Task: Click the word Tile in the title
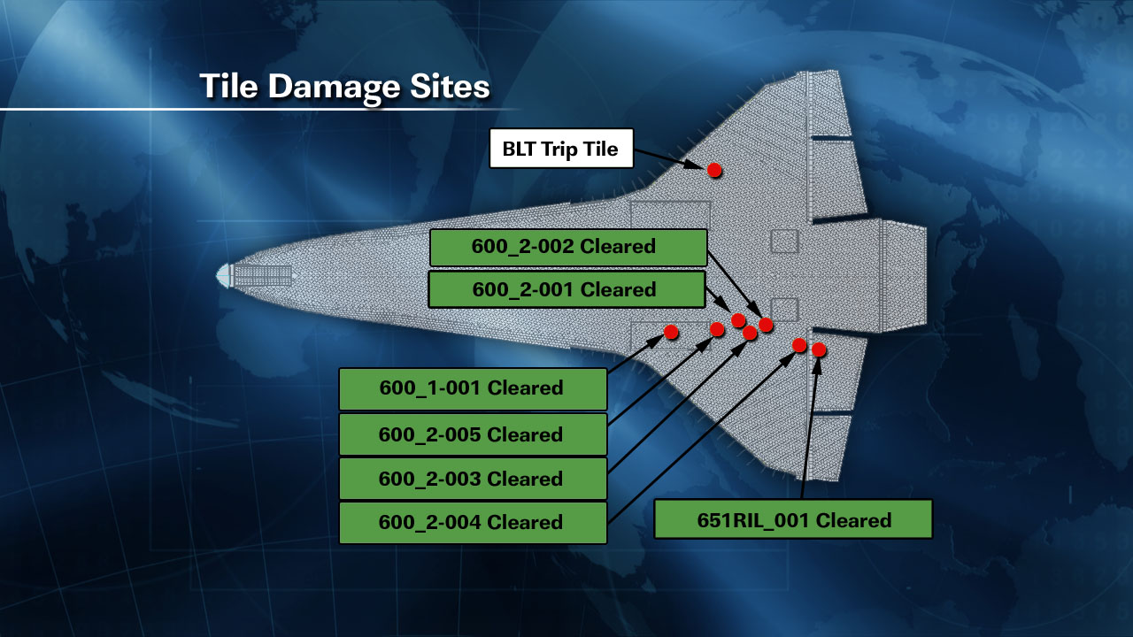coord(229,86)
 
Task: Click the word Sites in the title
coord(450,86)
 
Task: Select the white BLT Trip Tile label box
coord(561,148)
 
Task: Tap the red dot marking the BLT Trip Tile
coord(714,170)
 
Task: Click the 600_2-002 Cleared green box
coord(568,247)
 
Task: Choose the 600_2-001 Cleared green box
coord(566,289)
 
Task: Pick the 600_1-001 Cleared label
coord(473,388)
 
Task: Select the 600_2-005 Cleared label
coord(473,434)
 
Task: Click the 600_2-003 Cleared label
coord(473,479)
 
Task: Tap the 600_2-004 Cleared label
coord(473,522)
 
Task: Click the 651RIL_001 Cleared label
coord(793,519)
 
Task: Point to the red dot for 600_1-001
coord(671,332)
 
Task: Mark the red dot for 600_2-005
coord(717,330)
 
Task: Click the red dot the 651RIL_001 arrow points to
coord(819,349)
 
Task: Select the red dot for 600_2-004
coord(799,345)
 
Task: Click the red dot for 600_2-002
coord(766,325)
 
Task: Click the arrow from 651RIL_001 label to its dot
coord(810,429)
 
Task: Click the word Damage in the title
coord(335,87)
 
